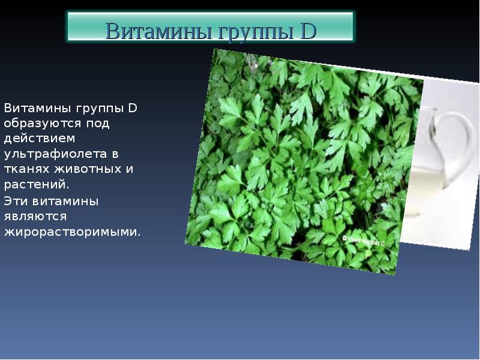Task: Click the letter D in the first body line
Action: point(133,109)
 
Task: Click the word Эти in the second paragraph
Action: point(17,201)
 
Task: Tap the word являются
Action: point(35,216)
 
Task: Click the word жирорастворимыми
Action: point(72,232)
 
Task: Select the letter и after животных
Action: point(130,170)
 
